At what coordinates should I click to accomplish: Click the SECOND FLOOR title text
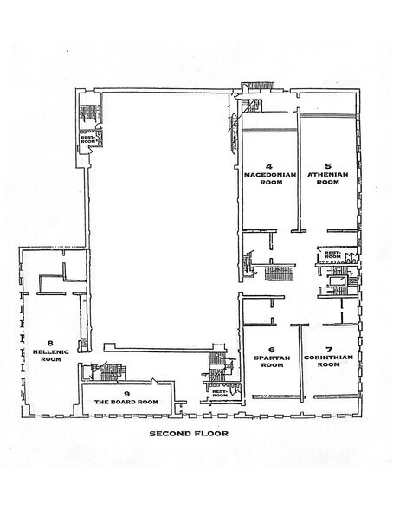[188, 433]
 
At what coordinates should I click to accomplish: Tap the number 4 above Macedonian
[269, 164]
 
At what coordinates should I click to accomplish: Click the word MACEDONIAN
[269, 174]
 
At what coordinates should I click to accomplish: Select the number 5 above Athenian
[328, 164]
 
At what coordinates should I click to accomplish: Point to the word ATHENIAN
[328, 174]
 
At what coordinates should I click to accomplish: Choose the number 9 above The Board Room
[126, 393]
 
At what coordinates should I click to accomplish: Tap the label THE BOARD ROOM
[126, 403]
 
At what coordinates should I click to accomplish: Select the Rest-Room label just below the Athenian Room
[332, 255]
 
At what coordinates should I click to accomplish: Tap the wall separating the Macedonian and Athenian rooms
[299, 173]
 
